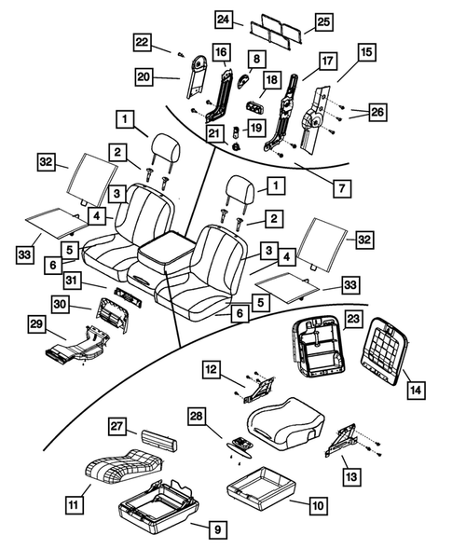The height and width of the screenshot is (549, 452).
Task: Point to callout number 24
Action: click(224, 19)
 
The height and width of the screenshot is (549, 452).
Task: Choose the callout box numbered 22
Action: click(143, 42)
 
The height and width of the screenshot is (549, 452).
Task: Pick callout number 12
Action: click(212, 372)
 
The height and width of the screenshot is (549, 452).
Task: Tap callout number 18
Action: click(271, 81)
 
